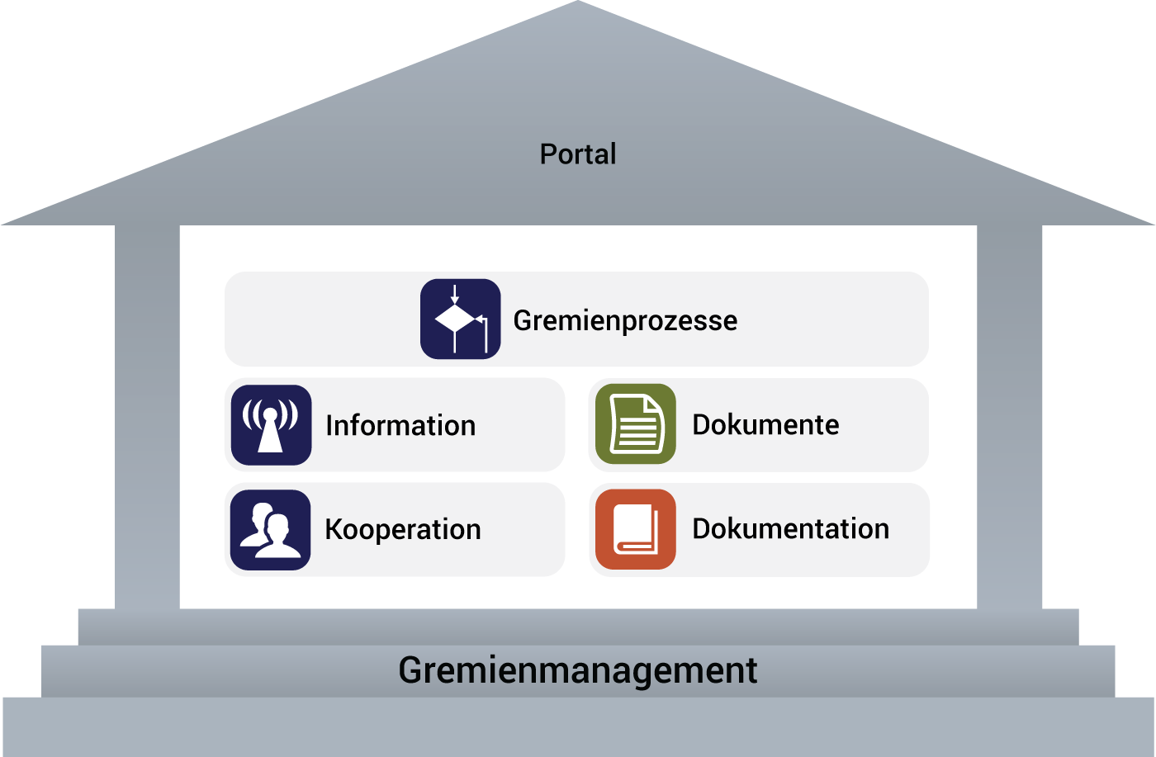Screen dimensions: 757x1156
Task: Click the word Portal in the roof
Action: (x=578, y=154)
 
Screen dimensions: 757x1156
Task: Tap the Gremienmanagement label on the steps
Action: (x=578, y=670)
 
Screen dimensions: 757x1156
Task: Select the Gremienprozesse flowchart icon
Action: (x=461, y=319)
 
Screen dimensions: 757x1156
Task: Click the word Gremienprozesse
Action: (x=625, y=320)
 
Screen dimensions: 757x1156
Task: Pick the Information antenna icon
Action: (x=271, y=425)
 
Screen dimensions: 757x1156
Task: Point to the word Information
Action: (x=400, y=426)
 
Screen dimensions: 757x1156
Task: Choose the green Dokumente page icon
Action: (x=636, y=424)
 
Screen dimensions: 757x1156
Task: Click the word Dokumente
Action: (x=765, y=425)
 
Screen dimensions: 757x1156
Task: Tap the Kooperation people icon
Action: (x=271, y=530)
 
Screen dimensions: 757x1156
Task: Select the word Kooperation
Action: (x=403, y=530)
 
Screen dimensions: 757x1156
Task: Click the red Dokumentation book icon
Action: (x=636, y=530)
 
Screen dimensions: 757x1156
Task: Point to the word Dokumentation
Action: (x=790, y=529)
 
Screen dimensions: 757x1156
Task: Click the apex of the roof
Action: (x=578, y=7)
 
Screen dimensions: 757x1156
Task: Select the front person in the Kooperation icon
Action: (x=278, y=537)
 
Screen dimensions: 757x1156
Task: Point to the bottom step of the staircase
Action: (x=578, y=726)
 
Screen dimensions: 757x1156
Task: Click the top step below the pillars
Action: (x=578, y=627)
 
